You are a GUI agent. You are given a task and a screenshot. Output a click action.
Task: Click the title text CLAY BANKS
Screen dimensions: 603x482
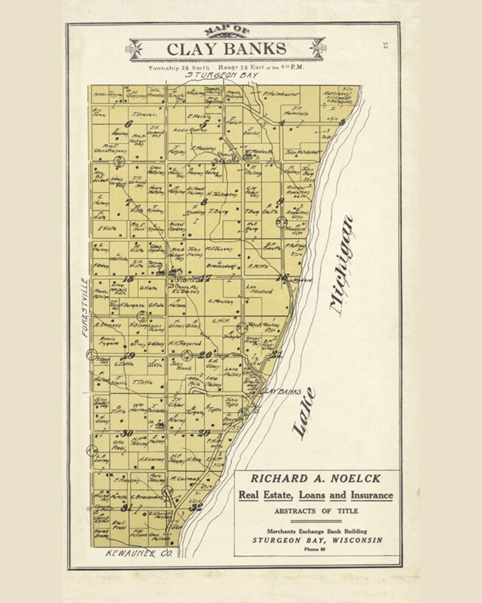click(226, 49)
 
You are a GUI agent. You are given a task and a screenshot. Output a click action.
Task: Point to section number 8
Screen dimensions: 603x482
click(204, 201)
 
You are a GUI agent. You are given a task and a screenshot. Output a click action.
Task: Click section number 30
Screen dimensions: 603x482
click(126, 432)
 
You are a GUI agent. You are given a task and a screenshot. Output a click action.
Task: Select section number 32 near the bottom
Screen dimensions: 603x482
click(195, 507)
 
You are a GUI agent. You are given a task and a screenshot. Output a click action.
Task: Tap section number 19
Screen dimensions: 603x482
click(129, 356)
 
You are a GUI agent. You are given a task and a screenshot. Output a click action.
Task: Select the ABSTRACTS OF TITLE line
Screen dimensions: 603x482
click(316, 511)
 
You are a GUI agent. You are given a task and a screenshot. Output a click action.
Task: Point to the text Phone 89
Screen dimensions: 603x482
click(316, 549)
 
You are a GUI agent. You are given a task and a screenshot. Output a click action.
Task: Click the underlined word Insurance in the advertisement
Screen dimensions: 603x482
click(370, 495)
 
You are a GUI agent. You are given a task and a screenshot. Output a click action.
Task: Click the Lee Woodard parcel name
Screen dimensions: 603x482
click(259, 290)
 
